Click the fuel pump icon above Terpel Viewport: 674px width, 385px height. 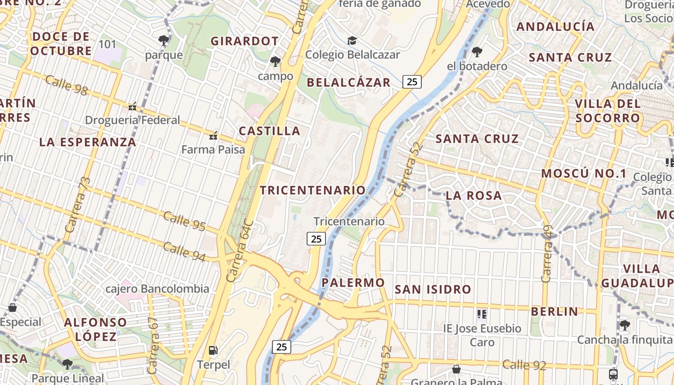[213, 350]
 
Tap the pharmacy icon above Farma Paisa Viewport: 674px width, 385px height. [213, 136]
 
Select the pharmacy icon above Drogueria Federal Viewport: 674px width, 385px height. [132, 106]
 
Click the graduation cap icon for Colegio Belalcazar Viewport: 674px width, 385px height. [352, 40]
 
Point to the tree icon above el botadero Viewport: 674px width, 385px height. [477, 51]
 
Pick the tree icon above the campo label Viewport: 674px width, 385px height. [275, 62]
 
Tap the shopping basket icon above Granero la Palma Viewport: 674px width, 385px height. [456, 369]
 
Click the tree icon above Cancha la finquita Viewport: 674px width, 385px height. [624, 325]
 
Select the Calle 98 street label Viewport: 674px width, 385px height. [66, 85]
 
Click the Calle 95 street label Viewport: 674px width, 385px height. [184, 221]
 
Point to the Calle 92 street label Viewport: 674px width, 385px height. [524, 365]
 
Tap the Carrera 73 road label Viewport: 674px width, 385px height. [77, 205]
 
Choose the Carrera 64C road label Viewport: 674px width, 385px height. [239, 251]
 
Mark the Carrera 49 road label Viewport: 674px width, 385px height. [546, 254]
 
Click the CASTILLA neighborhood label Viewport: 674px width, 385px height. [270, 131]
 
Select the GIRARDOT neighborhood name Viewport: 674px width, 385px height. [245, 41]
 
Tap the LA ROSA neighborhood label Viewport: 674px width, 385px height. [474, 196]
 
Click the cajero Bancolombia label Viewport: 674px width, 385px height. [157, 289]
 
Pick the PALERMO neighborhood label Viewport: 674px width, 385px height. [353, 282]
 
